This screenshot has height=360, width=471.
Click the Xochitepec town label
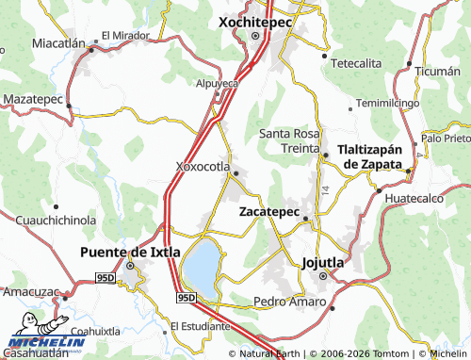point(256,20)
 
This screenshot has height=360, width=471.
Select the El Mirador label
point(125,36)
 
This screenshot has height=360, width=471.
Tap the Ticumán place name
point(438,72)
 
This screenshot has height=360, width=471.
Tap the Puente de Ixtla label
point(130,252)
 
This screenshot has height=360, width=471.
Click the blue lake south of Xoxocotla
point(201,266)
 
